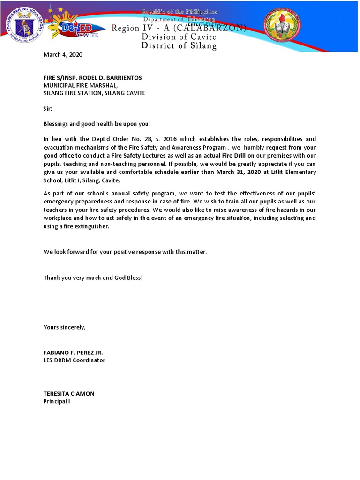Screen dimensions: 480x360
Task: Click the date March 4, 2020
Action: pos(63,55)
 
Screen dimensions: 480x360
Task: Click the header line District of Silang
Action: pos(180,46)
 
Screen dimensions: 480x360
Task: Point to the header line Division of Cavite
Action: pos(179,37)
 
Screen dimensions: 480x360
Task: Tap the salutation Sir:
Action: pos(48,108)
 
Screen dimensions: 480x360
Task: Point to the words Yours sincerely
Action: pos(65,327)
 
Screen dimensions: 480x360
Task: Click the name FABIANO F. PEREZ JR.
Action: pos(74,352)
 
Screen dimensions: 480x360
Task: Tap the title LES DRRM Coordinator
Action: pos(75,360)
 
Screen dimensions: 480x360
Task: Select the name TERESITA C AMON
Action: pos(69,394)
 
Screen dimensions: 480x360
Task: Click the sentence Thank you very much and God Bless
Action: pos(93,277)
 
